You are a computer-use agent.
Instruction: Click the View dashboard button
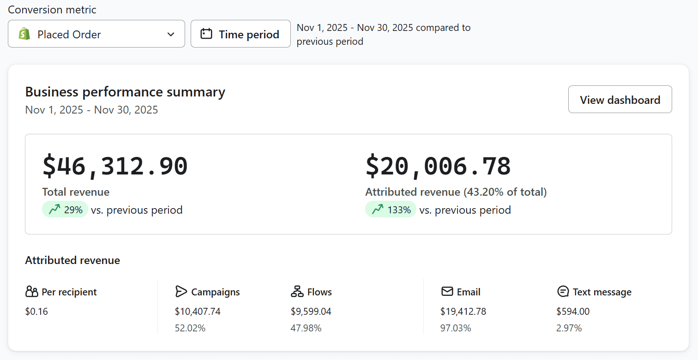[620, 99]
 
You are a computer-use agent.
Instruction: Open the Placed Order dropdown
[96, 34]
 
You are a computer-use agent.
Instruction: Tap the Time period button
[241, 34]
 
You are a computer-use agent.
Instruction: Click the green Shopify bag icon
[24, 34]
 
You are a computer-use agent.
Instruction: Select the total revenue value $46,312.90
[115, 166]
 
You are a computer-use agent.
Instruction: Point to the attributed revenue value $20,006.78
[438, 166]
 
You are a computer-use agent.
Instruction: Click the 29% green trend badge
[65, 210]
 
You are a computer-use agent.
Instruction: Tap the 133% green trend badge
[391, 210]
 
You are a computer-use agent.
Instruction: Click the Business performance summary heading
[125, 92]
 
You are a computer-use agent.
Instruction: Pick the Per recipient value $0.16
[36, 312]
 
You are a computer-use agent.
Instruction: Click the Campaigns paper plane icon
[181, 292]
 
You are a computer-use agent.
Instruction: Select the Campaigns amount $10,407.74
[198, 312]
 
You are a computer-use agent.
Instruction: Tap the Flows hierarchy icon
[297, 292]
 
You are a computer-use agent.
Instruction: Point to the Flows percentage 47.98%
[306, 328]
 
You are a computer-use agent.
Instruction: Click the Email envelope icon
[447, 292]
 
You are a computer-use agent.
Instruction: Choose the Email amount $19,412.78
[463, 312]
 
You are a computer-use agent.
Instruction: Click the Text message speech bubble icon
[563, 292]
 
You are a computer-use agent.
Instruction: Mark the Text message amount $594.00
[573, 312]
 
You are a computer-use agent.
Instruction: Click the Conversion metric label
[52, 10]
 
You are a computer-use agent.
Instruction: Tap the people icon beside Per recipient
[32, 292]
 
